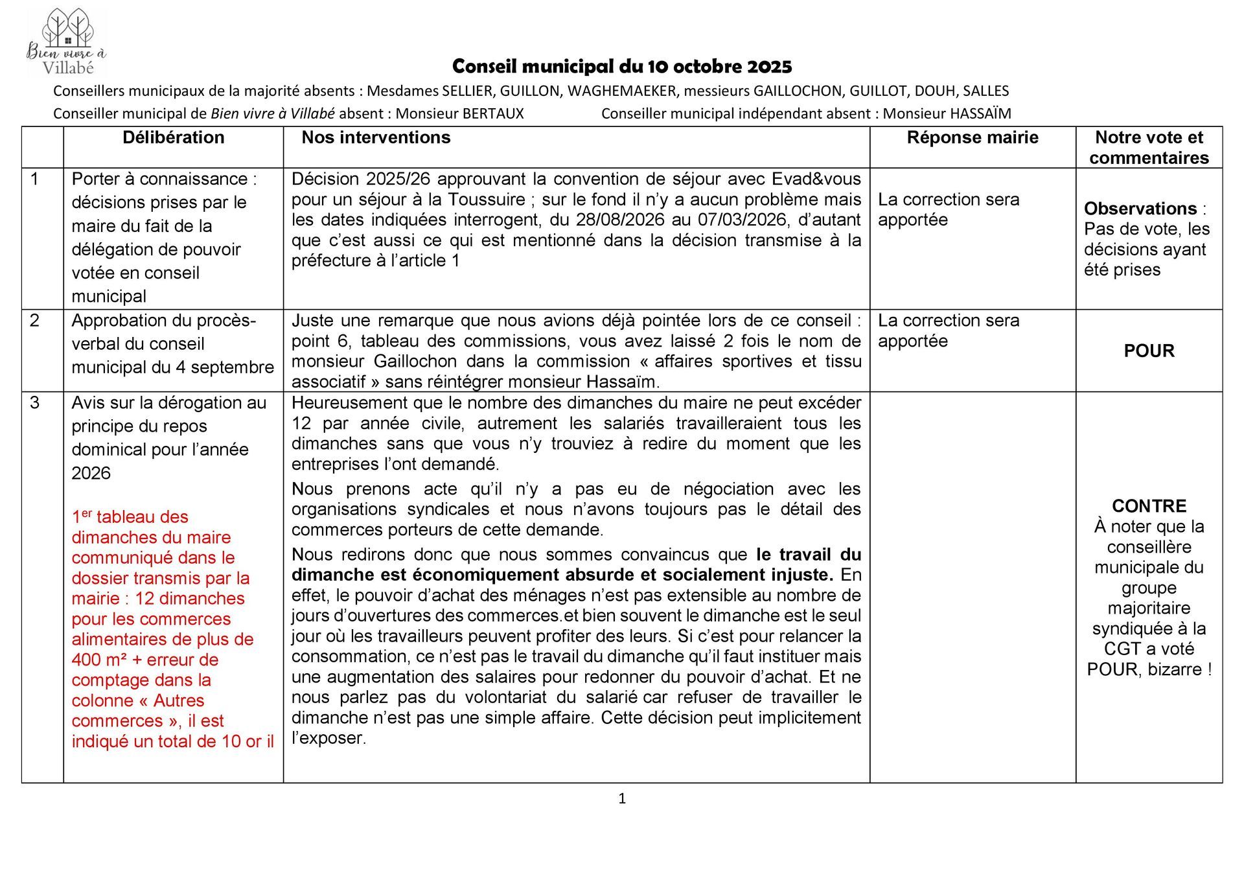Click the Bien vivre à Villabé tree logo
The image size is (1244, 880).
[67, 42]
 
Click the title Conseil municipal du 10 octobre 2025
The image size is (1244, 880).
[622, 66]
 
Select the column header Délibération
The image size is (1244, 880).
[173, 137]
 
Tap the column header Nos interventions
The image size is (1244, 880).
[376, 137]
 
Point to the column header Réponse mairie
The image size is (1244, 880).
[972, 137]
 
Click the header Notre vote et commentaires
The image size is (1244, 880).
[1149, 147]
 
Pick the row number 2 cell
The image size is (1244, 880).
[35, 320]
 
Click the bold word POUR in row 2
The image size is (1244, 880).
[1149, 351]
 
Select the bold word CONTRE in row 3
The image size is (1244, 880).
[1149, 506]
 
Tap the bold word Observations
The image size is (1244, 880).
[1140, 209]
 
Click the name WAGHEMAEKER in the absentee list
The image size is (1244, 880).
[621, 91]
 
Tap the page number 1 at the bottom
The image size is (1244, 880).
[622, 798]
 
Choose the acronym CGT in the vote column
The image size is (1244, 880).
[1122, 649]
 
